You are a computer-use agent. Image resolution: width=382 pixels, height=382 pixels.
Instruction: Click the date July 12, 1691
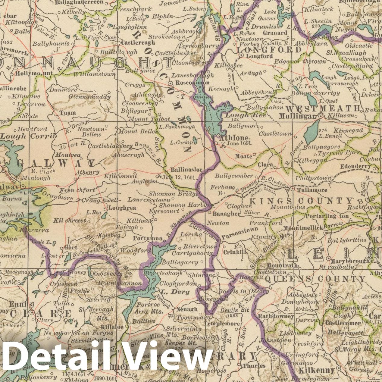click(179, 177)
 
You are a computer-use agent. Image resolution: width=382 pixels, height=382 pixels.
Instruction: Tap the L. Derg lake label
click(175, 292)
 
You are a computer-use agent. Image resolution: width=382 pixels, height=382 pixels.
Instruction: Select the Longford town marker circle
click(241, 56)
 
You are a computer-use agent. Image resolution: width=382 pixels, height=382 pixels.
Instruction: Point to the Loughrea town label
click(122, 208)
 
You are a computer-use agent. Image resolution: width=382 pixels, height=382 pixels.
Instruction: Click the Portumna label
click(148, 238)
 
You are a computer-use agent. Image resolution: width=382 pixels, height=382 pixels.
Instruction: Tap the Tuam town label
click(68, 113)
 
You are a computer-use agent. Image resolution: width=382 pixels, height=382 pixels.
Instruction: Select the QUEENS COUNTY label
click(315, 279)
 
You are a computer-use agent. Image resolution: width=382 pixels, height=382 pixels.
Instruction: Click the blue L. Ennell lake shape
click(311, 132)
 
